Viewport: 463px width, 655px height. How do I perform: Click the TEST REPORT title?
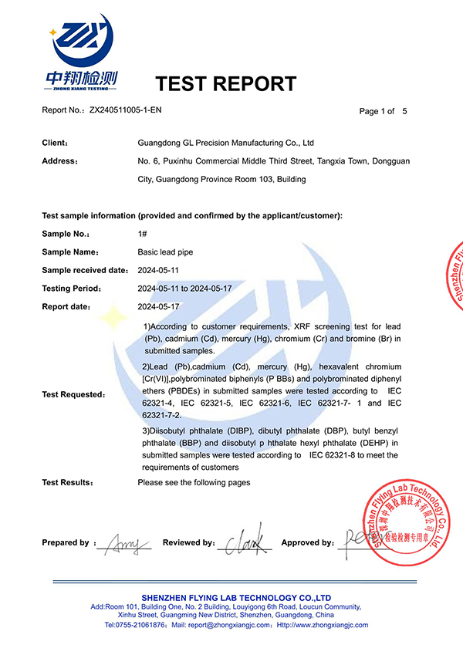point(225,84)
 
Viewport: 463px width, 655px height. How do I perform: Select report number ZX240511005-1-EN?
point(126,110)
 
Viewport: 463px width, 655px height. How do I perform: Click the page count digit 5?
point(404,111)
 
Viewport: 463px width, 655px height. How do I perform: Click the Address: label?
point(59,161)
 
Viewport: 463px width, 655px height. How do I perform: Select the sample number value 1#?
point(142,233)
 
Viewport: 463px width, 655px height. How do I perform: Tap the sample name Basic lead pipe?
point(165,252)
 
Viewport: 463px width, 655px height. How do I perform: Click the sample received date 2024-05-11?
point(158,270)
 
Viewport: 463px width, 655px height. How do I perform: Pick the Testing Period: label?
point(71,289)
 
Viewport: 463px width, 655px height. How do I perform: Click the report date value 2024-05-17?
point(158,306)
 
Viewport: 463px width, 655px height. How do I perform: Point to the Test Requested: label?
point(73,394)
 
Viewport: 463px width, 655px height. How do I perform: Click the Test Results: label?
point(68,482)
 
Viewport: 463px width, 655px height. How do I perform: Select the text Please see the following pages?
point(194,482)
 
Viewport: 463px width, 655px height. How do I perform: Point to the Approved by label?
point(308,542)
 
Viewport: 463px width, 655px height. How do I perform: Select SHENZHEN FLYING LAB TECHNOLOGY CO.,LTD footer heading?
point(236,598)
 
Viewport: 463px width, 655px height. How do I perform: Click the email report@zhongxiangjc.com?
point(232,625)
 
